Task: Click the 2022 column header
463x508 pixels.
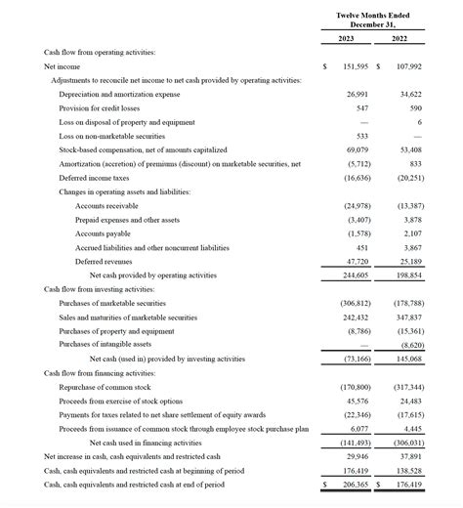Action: pyautogui.click(x=400, y=38)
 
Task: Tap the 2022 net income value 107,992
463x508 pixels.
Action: pyautogui.click(x=408, y=66)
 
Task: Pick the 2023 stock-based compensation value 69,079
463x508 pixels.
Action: pyautogui.click(x=358, y=150)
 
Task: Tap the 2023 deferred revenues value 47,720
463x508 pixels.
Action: pyautogui.click(x=358, y=262)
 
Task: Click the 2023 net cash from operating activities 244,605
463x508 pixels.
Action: pyautogui.click(x=356, y=276)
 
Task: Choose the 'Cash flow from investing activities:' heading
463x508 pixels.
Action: pyautogui.click(x=100, y=290)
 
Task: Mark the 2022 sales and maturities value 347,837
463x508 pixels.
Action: pyautogui.click(x=408, y=317)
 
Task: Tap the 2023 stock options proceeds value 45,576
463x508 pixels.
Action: pyautogui.click(x=358, y=401)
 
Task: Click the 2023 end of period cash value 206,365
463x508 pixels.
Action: pyautogui.click(x=356, y=484)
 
